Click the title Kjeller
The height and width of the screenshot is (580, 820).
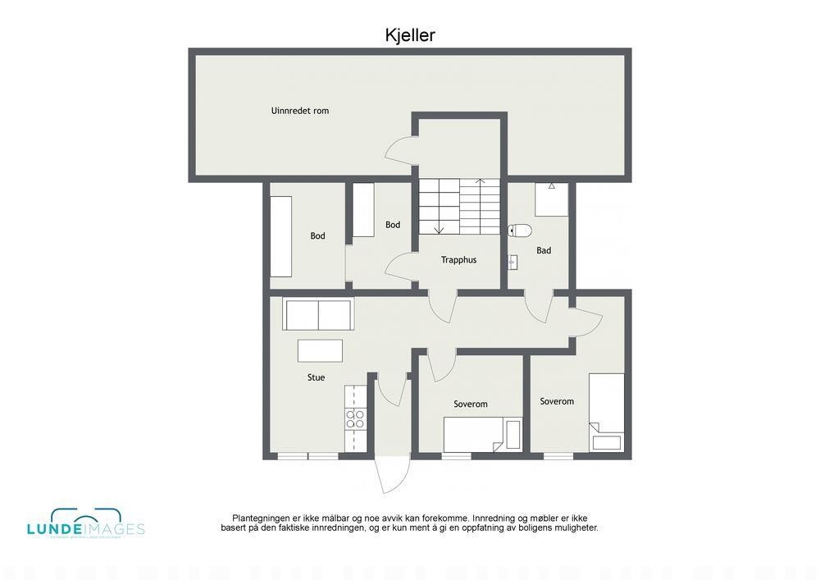[x=410, y=34]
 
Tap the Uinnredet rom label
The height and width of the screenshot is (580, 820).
[x=300, y=111]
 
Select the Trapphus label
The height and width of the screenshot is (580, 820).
[x=458, y=260]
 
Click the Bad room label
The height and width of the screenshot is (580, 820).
[x=544, y=251]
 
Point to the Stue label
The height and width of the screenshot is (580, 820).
[x=316, y=377]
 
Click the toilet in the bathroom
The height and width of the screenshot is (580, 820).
[x=522, y=231]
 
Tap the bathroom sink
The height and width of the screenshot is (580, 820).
[x=513, y=262]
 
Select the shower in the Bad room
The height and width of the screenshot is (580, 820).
[x=551, y=199]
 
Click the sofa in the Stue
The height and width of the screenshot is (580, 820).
[x=317, y=314]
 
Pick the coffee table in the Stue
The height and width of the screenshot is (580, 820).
[x=321, y=351]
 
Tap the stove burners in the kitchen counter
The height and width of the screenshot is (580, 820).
[x=355, y=419]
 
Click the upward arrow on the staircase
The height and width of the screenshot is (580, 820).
[x=481, y=182]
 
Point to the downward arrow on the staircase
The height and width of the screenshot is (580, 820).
[x=439, y=227]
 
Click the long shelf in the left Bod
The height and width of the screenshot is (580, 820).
[x=281, y=236]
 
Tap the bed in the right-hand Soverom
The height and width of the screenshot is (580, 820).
[x=607, y=412]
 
